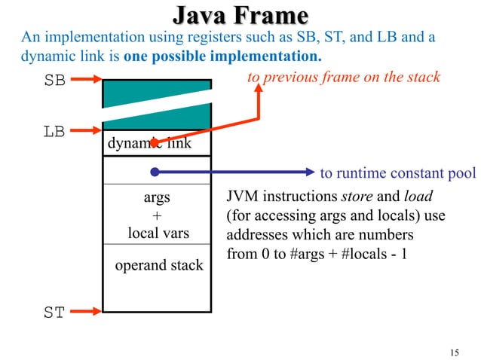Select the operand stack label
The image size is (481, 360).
click(158, 265)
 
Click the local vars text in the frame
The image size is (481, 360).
click(158, 233)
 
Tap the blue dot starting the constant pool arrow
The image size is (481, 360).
click(154, 170)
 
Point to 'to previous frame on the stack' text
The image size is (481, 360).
click(343, 78)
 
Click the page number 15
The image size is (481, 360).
click(453, 352)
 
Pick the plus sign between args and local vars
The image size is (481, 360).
click(157, 215)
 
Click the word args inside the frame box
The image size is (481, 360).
click(157, 198)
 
